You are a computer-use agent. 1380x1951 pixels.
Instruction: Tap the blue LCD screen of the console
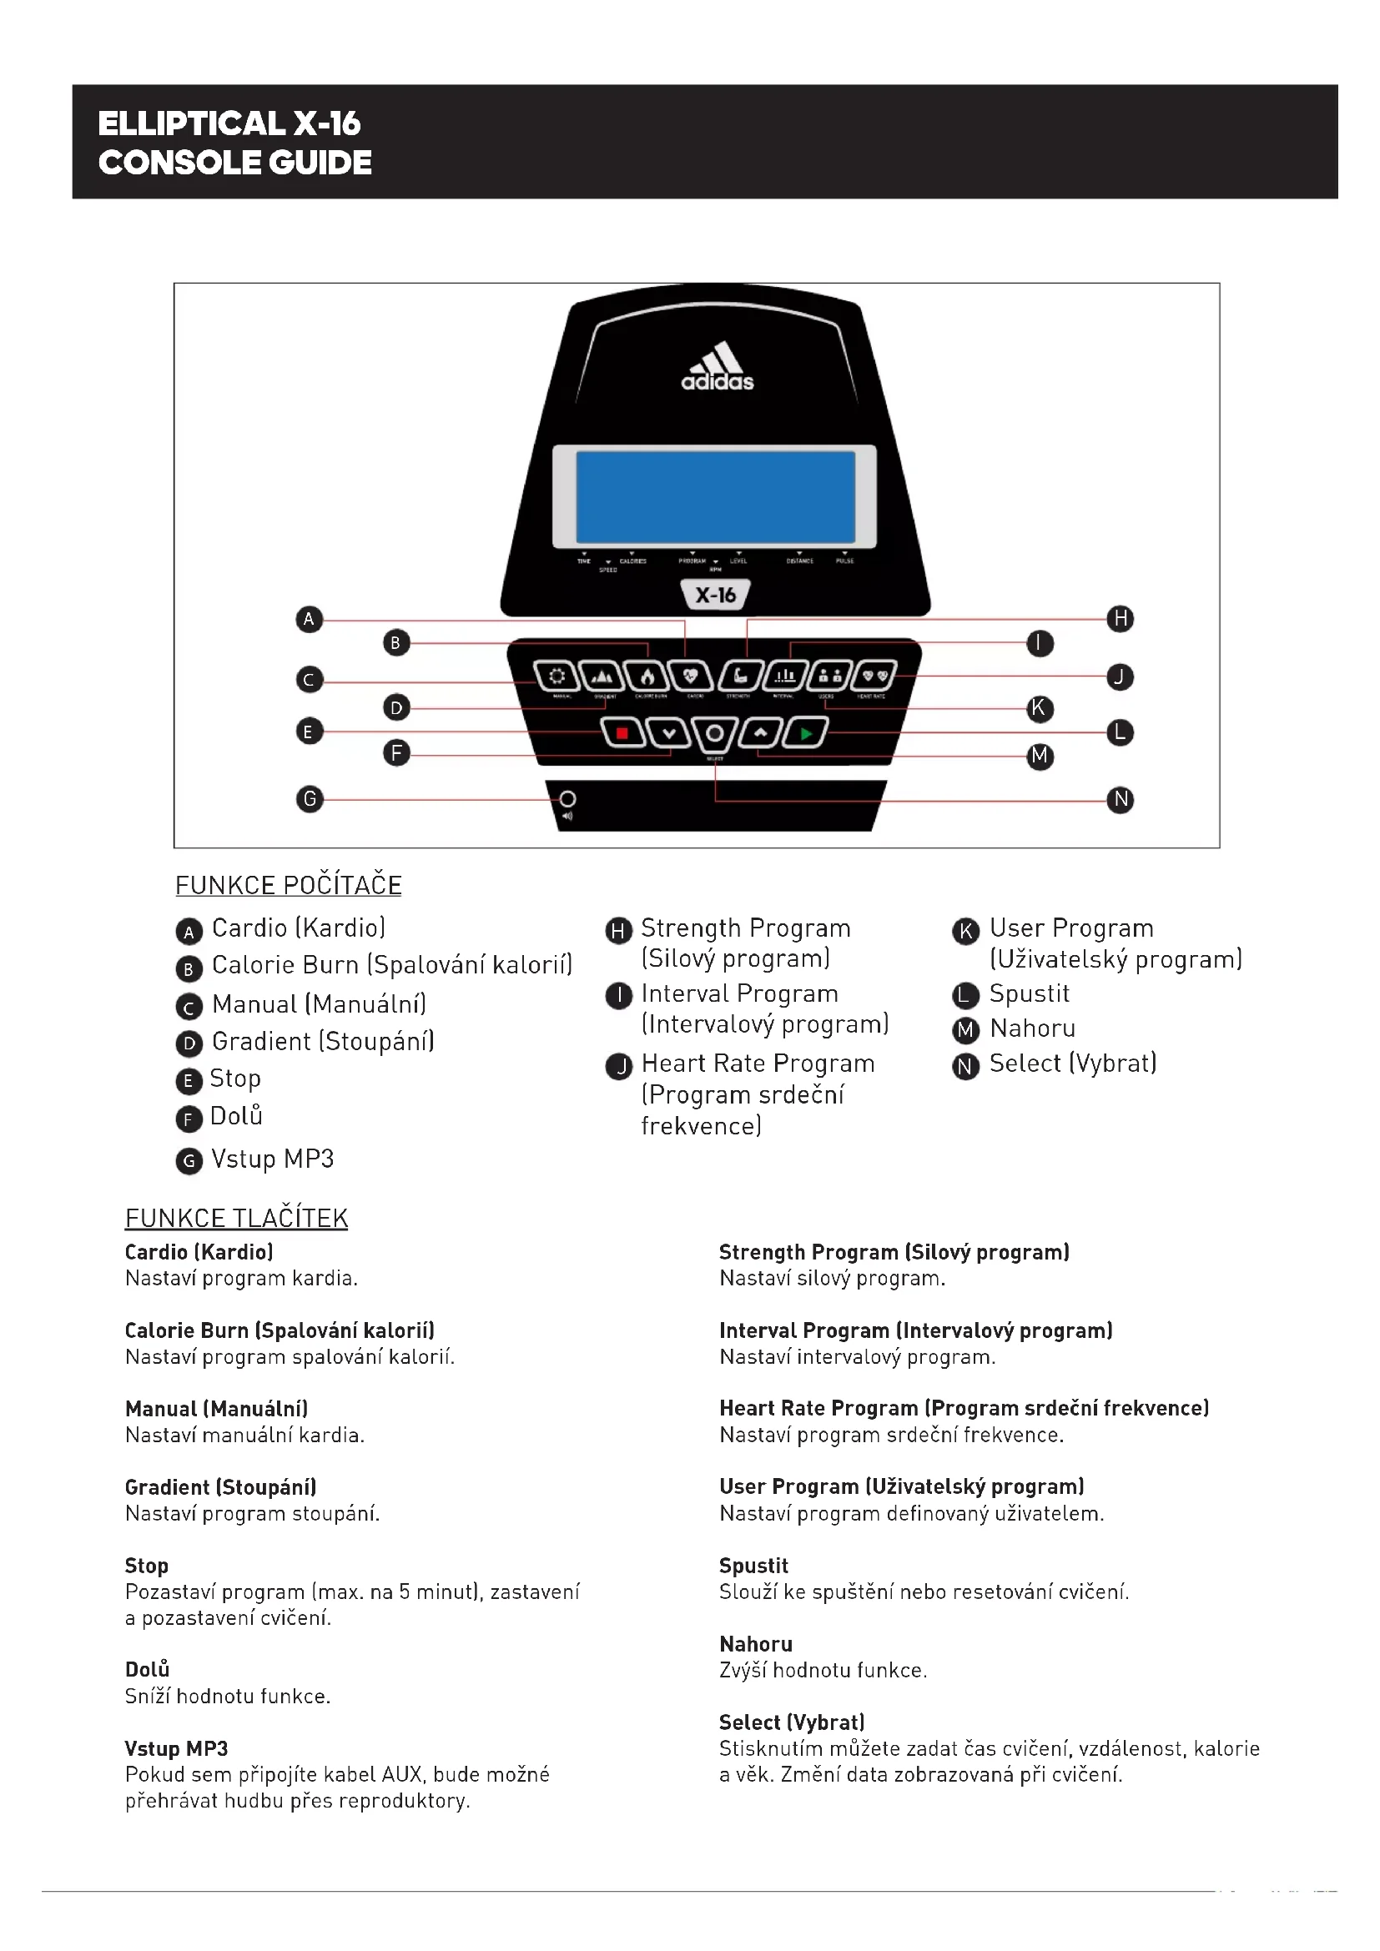[716, 496]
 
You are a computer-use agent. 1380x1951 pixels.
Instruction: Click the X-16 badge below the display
[716, 595]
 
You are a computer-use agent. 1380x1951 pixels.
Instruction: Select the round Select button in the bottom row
[715, 733]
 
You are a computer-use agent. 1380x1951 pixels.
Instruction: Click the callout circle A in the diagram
[310, 619]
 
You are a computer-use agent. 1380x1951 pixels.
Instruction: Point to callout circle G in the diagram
[310, 799]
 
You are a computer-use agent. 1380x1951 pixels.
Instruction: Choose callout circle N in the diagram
[1120, 800]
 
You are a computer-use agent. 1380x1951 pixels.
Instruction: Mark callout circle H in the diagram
[1120, 619]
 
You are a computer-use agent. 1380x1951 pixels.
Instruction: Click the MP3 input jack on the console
[567, 799]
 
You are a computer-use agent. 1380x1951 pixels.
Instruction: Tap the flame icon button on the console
[647, 676]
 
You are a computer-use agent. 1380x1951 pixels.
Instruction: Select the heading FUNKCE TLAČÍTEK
[236, 1219]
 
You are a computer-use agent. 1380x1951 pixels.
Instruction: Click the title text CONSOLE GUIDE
[234, 163]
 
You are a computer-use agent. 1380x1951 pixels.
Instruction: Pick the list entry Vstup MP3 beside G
[272, 1159]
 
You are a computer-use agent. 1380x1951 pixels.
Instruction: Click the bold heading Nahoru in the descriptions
[755, 1644]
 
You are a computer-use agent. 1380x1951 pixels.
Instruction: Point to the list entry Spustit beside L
[1029, 993]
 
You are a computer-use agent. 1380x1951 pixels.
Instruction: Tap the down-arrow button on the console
[670, 732]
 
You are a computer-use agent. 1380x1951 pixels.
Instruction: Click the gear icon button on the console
[557, 676]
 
